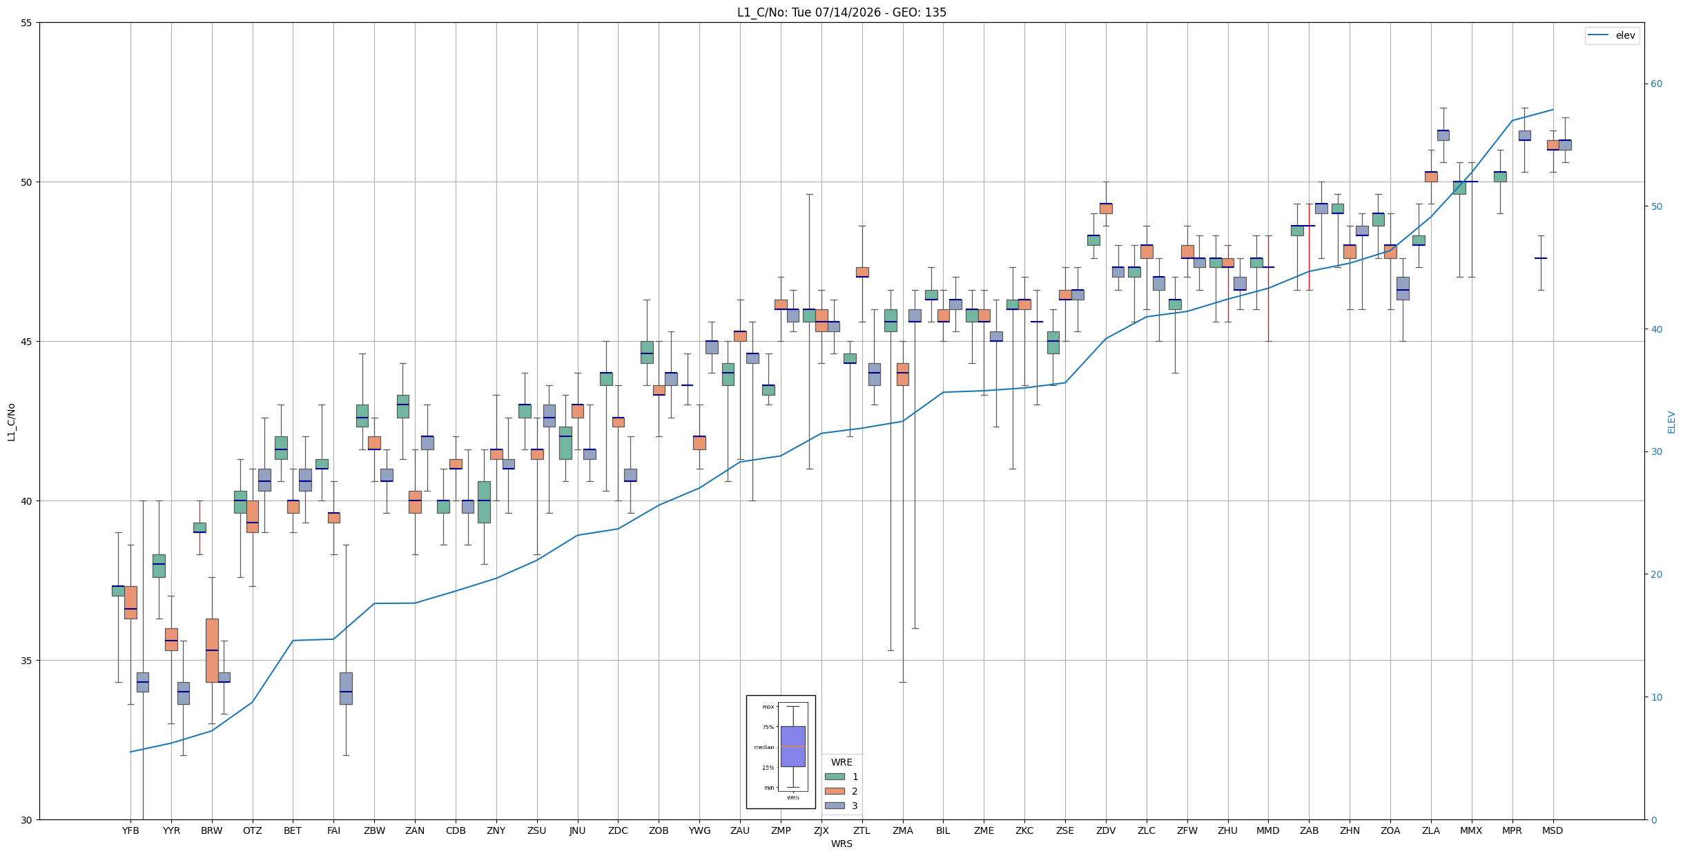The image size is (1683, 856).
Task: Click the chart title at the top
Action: pyautogui.click(x=841, y=12)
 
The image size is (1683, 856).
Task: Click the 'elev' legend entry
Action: pyautogui.click(x=1611, y=35)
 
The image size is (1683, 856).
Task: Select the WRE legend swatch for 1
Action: pyautogui.click(x=835, y=777)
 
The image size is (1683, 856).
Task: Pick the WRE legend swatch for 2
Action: pyautogui.click(x=835, y=791)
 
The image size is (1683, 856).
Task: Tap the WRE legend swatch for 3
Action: pyautogui.click(x=835, y=806)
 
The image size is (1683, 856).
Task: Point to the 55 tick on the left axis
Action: pyautogui.click(x=27, y=23)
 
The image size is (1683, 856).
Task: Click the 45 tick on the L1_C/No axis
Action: pyautogui.click(x=27, y=342)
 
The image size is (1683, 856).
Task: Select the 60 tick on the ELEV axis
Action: pyautogui.click(x=1656, y=84)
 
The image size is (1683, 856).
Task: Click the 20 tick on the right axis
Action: pyautogui.click(x=1656, y=574)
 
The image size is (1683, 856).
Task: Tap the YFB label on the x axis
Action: pyautogui.click(x=130, y=830)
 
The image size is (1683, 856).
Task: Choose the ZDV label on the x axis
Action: pyautogui.click(x=1106, y=830)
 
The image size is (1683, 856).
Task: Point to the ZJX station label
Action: pyautogui.click(x=821, y=830)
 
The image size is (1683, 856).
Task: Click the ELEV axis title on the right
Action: pyautogui.click(x=1671, y=422)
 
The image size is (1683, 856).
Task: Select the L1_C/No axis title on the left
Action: pyautogui.click(x=11, y=422)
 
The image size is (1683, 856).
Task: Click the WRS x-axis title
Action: pyautogui.click(x=841, y=844)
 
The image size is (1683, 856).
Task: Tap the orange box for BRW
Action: pyautogui.click(x=212, y=650)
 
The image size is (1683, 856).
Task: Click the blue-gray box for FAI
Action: pyautogui.click(x=346, y=688)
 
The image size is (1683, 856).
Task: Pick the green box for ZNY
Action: pyautogui.click(x=484, y=502)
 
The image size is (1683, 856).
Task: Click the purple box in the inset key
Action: pyautogui.click(x=792, y=746)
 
